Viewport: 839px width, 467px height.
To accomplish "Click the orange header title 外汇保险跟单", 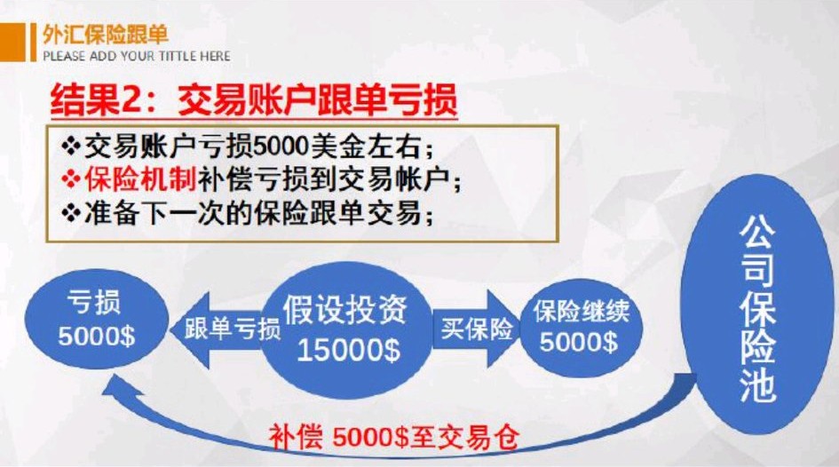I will (x=104, y=35).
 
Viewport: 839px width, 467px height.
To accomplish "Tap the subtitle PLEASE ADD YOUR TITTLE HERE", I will (x=136, y=56).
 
